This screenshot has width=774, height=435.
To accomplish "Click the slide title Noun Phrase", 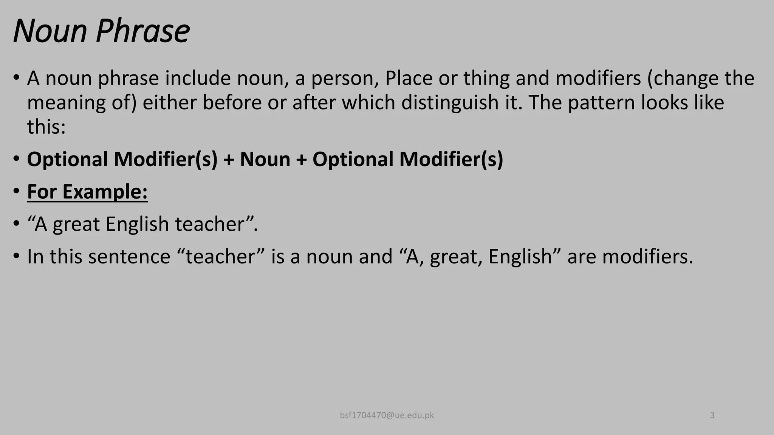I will [x=101, y=31].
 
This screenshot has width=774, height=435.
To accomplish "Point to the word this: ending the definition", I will [x=46, y=126].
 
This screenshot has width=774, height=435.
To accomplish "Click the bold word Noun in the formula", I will [x=265, y=159].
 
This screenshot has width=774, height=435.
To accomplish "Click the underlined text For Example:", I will [x=87, y=191].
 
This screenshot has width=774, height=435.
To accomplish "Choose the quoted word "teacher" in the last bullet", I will [x=221, y=256].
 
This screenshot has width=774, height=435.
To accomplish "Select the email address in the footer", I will [x=387, y=415].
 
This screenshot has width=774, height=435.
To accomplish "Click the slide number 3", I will [x=712, y=415].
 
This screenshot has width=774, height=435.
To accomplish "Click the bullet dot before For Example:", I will [x=16, y=191].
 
